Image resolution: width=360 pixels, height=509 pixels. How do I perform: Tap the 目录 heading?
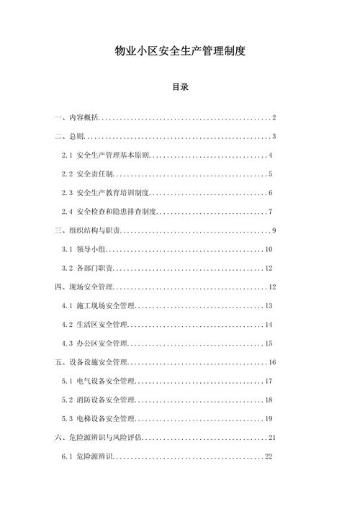(180, 87)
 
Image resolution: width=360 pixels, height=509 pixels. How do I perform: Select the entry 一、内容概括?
(76, 117)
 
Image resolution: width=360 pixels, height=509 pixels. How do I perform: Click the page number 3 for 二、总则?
(275, 136)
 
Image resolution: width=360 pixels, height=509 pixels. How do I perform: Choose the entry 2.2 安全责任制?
(87, 174)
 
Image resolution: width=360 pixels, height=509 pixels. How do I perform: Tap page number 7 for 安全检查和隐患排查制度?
(270, 212)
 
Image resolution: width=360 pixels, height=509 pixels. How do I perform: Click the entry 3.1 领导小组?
(83, 249)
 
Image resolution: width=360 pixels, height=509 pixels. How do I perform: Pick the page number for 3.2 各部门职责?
(268, 268)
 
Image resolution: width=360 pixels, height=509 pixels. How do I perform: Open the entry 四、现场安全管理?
(83, 287)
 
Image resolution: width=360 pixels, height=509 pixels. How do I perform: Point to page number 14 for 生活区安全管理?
(268, 325)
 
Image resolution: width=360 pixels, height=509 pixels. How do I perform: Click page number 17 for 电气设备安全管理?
(268, 381)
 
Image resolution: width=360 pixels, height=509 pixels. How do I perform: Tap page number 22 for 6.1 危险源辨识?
(268, 456)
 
